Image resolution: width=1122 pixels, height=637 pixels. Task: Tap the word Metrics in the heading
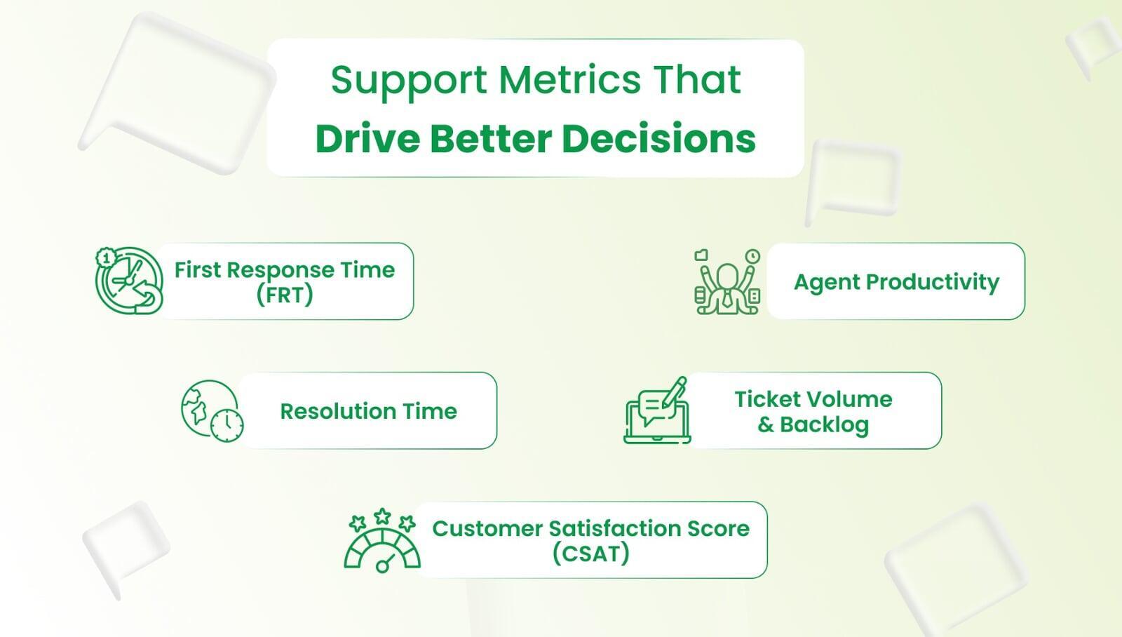[x=569, y=79]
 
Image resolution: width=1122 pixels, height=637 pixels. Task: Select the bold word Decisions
[x=658, y=138]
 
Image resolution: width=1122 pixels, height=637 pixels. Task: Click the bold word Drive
[x=367, y=138]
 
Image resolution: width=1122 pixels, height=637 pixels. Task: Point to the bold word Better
[x=491, y=138]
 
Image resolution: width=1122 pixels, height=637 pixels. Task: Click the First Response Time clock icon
[x=129, y=281]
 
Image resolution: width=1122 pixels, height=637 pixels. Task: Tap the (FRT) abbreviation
[x=285, y=294]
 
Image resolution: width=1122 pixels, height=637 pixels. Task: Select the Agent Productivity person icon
[x=727, y=281]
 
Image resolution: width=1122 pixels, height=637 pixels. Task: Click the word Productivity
[x=932, y=282]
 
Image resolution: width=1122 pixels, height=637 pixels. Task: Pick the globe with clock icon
[x=212, y=411]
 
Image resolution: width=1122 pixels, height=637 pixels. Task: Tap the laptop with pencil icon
[x=656, y=410]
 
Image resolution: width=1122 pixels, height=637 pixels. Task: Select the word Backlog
[x=824, y=425]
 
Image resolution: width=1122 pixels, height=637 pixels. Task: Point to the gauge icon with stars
[x=382, y=540]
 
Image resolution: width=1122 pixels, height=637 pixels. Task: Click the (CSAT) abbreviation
[x=590, y=554]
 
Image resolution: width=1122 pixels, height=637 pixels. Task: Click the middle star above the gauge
[x=382, y=516]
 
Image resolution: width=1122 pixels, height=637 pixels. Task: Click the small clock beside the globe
[x=227, y=426]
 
